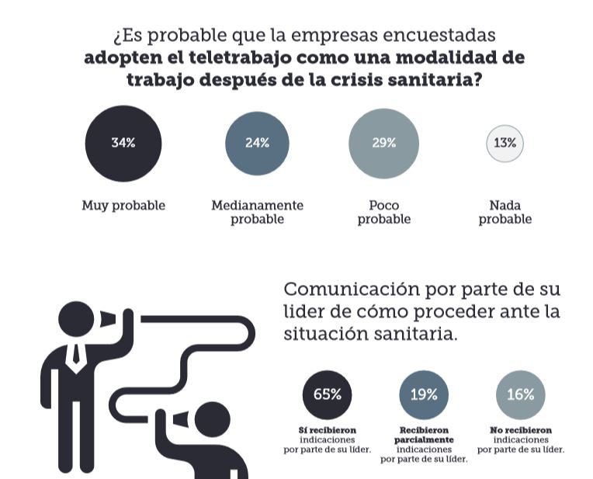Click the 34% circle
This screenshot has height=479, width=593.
(x=123, y=143)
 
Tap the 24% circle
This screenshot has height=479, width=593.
(x=257, y=143)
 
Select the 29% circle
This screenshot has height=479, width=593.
(x=383, y=143)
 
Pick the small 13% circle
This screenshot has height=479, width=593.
(x=505, y=144)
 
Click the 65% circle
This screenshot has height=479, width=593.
(x=327, y=394)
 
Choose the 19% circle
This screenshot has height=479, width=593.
(x=424, y=394)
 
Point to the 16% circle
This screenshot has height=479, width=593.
(x=520, y=394)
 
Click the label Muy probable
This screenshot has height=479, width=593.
(x=123, y=206)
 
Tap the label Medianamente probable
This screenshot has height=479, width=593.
(x=257, y=212)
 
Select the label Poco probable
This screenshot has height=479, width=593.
(x=384, y=212)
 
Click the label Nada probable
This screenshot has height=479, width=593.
(x=505, y=212)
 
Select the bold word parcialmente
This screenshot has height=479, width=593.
(x=424, y=439)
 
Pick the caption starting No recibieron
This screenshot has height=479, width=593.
(x=521, y=439)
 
